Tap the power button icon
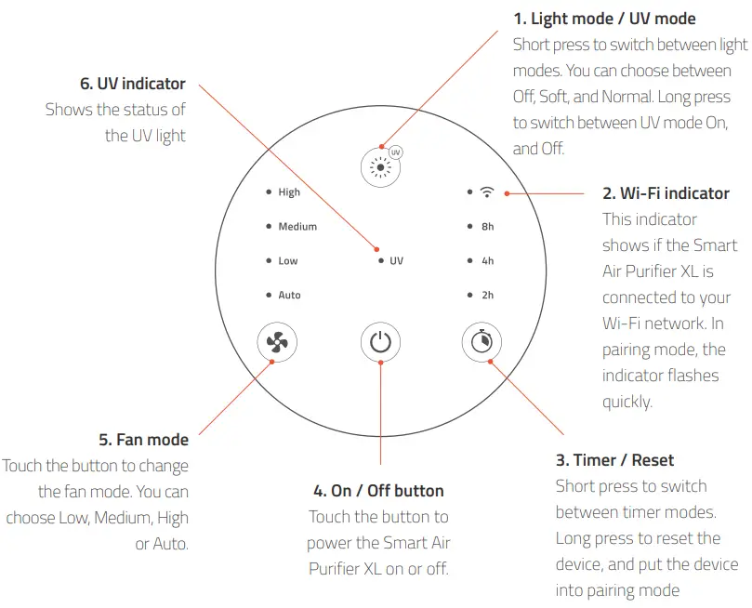pos(379,342)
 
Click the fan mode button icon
pos(276,342)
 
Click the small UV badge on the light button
pos(395,152)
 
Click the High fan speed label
pos(289,192)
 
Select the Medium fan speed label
pos(297,227)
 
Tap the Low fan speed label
pos(288,261)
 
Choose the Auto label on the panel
pos(290,296)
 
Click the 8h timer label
pos(488,227)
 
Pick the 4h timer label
pos(488,261)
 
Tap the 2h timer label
pos(488,296)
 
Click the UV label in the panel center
pos(397,261)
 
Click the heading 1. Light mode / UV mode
pos(604,19)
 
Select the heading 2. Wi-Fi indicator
pos(666,193)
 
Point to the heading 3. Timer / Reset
pos(614,460)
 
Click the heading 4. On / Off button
pos(378,491)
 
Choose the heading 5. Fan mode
pos(143,440)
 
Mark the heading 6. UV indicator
pos(134,84)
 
